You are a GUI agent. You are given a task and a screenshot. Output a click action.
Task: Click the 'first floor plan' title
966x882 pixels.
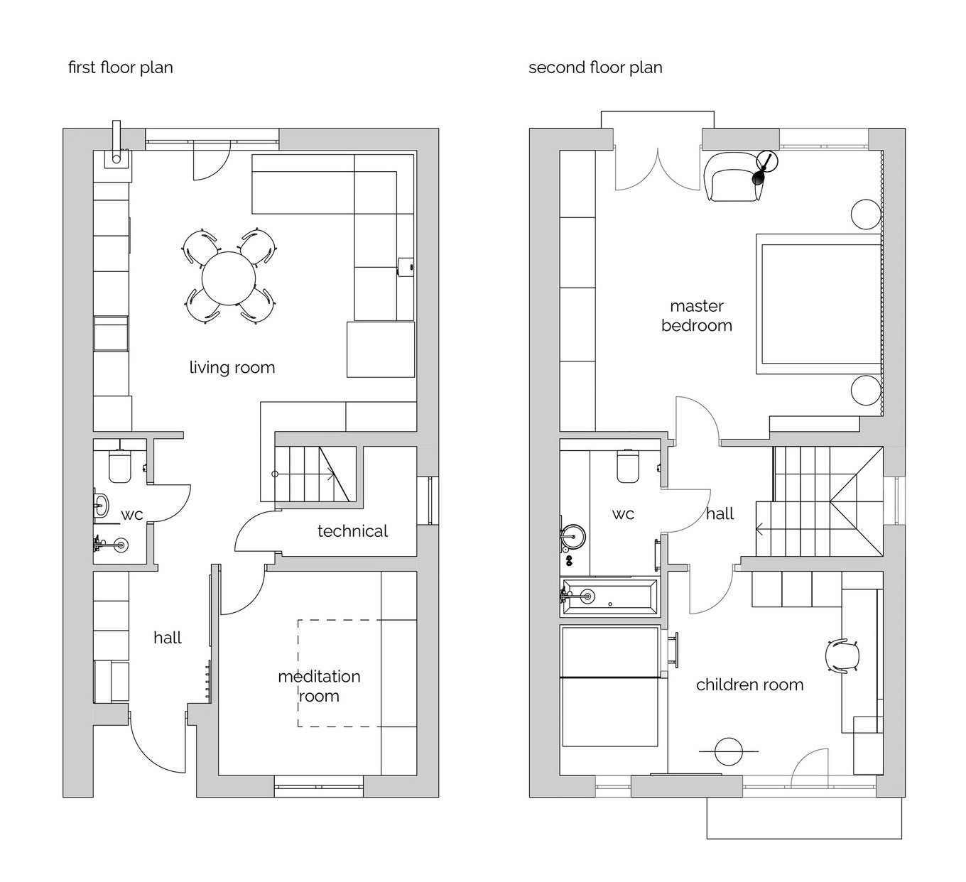(x=120, y=68)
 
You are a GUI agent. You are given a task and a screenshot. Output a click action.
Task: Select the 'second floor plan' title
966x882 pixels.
(x=595, y=68)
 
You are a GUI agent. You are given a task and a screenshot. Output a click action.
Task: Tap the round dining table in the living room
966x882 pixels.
(x=228, y=278)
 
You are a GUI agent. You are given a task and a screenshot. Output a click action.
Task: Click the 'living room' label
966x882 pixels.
(x=232, y=368)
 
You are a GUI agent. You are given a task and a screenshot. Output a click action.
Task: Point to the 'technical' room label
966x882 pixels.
(x=352, y=531)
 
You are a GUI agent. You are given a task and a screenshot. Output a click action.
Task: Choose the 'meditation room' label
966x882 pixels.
(x=319, y=686)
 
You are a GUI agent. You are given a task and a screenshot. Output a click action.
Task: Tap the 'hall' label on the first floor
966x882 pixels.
(x=168, y=638)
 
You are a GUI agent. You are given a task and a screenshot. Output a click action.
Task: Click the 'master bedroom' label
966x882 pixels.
(x=697, y=316)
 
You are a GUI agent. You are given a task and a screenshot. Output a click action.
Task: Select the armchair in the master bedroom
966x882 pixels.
(x=733, y=177)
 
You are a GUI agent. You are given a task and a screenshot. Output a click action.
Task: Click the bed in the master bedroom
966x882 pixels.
(x=819, y=304)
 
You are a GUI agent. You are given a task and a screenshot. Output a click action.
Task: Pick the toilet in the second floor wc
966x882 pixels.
(x=628, y=466)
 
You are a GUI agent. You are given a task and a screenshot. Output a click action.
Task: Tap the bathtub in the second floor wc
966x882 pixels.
(x=610, y=597)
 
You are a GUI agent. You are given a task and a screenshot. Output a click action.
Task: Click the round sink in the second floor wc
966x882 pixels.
(x=573, y=536)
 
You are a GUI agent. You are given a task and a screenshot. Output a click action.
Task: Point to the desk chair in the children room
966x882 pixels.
(x=842, y=655)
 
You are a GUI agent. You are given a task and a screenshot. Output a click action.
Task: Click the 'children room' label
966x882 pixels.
(x=750, y=685)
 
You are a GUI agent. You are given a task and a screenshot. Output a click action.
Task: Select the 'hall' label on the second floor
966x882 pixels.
(x=720, y=513)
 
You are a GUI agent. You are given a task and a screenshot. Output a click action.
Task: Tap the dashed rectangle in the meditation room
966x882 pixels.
(x=340, y=673)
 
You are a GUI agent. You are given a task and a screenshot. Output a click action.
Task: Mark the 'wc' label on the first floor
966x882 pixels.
(x=132, y=515)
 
